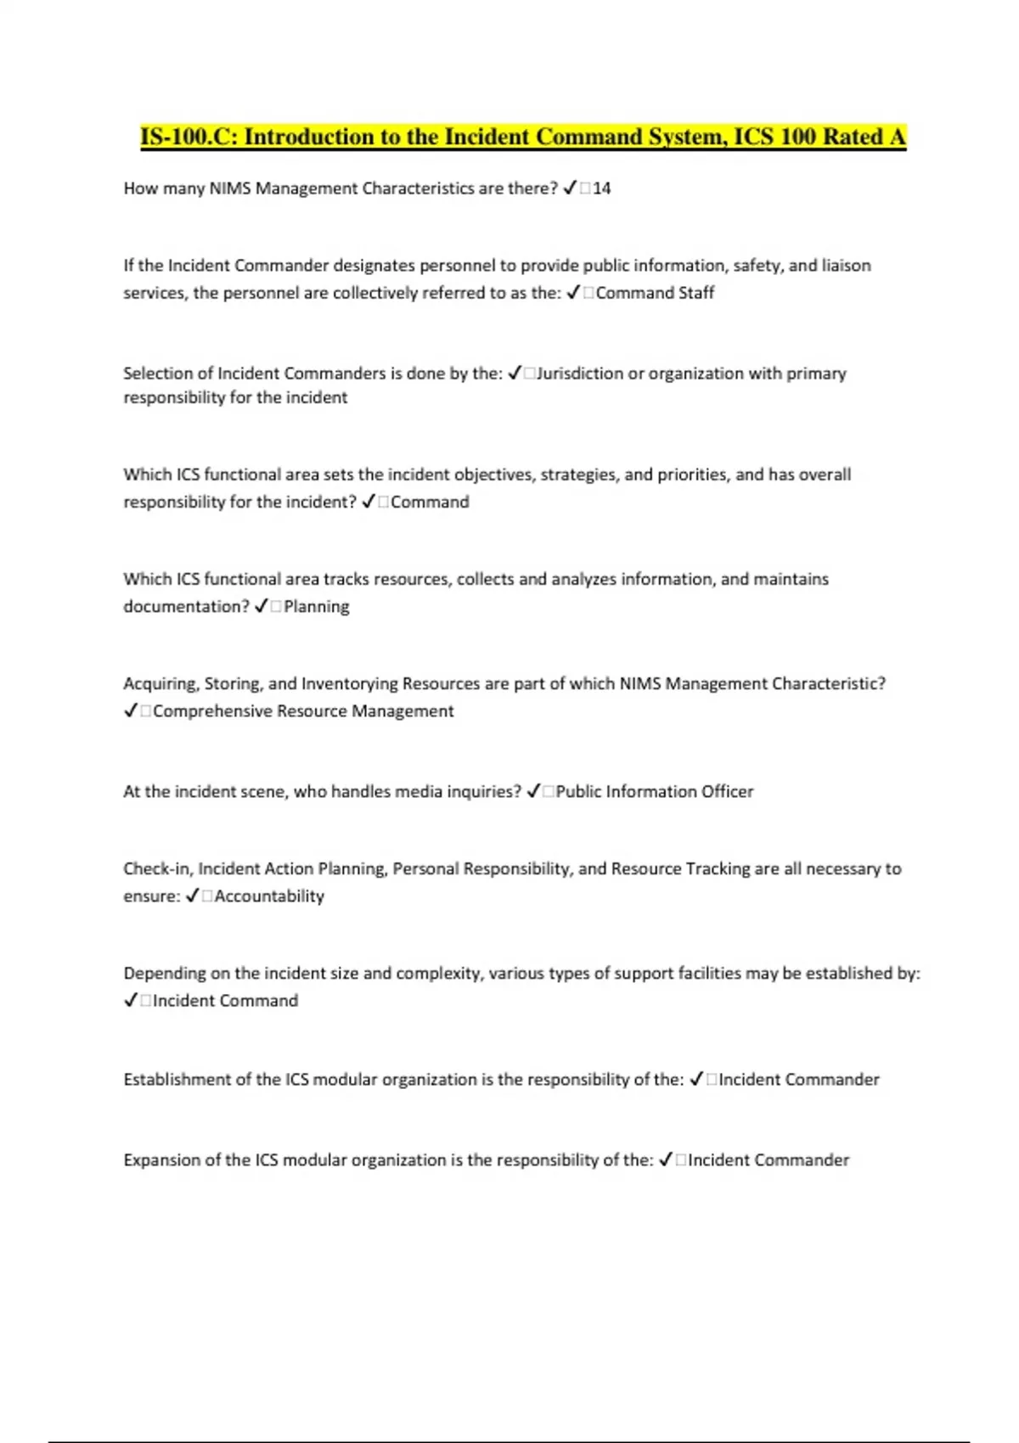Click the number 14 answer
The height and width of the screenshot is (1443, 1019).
click(602, 188)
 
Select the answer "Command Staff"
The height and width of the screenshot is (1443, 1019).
click(655, 293)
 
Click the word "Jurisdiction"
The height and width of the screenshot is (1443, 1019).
click(580, 373)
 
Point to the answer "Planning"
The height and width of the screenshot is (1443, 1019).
click(316, 607)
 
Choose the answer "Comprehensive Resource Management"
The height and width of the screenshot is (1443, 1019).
click(303, 711)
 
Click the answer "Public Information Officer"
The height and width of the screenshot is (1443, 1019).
click(655, 792)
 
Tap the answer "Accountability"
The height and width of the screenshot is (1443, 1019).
click(269, 896)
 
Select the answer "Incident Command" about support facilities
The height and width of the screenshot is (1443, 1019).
click(225, 1001)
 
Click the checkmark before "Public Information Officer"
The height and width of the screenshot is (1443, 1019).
click(533, 792)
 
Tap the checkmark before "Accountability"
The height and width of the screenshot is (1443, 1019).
click(192, 896)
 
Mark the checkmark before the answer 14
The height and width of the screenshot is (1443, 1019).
click(571, 188)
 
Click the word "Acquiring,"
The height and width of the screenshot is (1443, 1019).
click(161, 684)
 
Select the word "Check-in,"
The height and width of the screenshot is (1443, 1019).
click(158, 869)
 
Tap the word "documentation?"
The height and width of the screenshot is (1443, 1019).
click(186, 607)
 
